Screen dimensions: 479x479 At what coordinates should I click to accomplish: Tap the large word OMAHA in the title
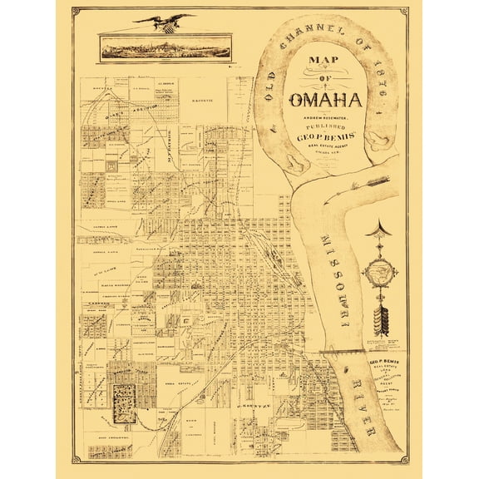(x=326, y=103)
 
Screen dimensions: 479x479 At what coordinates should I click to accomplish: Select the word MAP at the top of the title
(x=326, y=62)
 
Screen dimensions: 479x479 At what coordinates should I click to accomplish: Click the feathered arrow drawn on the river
(x=369, y=181)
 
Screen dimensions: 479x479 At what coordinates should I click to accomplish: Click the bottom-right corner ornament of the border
(x=403, y=459)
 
